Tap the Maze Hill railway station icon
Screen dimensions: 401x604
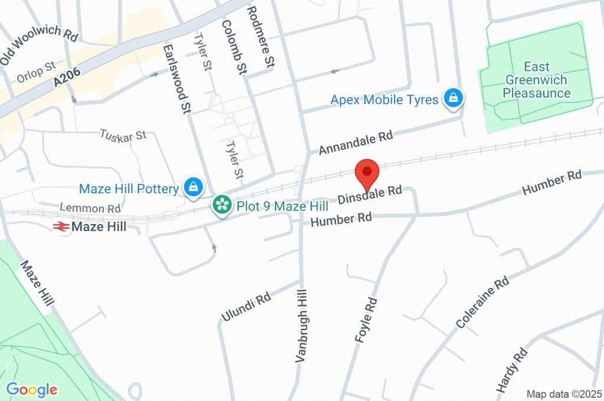[60, 226]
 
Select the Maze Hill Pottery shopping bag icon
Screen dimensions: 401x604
[193, 188]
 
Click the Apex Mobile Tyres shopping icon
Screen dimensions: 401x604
[452, 99]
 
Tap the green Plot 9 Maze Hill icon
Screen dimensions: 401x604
[222, 206]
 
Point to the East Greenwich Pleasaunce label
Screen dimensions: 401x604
[536, 80]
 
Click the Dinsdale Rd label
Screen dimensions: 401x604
[370, 194]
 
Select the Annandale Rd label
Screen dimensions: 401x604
[356, 143]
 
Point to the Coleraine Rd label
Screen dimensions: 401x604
[482, 303]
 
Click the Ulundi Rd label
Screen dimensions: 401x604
[245, 307]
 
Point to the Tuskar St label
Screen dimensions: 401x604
[123, 135]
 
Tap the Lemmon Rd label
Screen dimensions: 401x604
[90, 208]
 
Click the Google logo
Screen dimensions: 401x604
[32, 389]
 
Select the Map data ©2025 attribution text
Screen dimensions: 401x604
[563, 394]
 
